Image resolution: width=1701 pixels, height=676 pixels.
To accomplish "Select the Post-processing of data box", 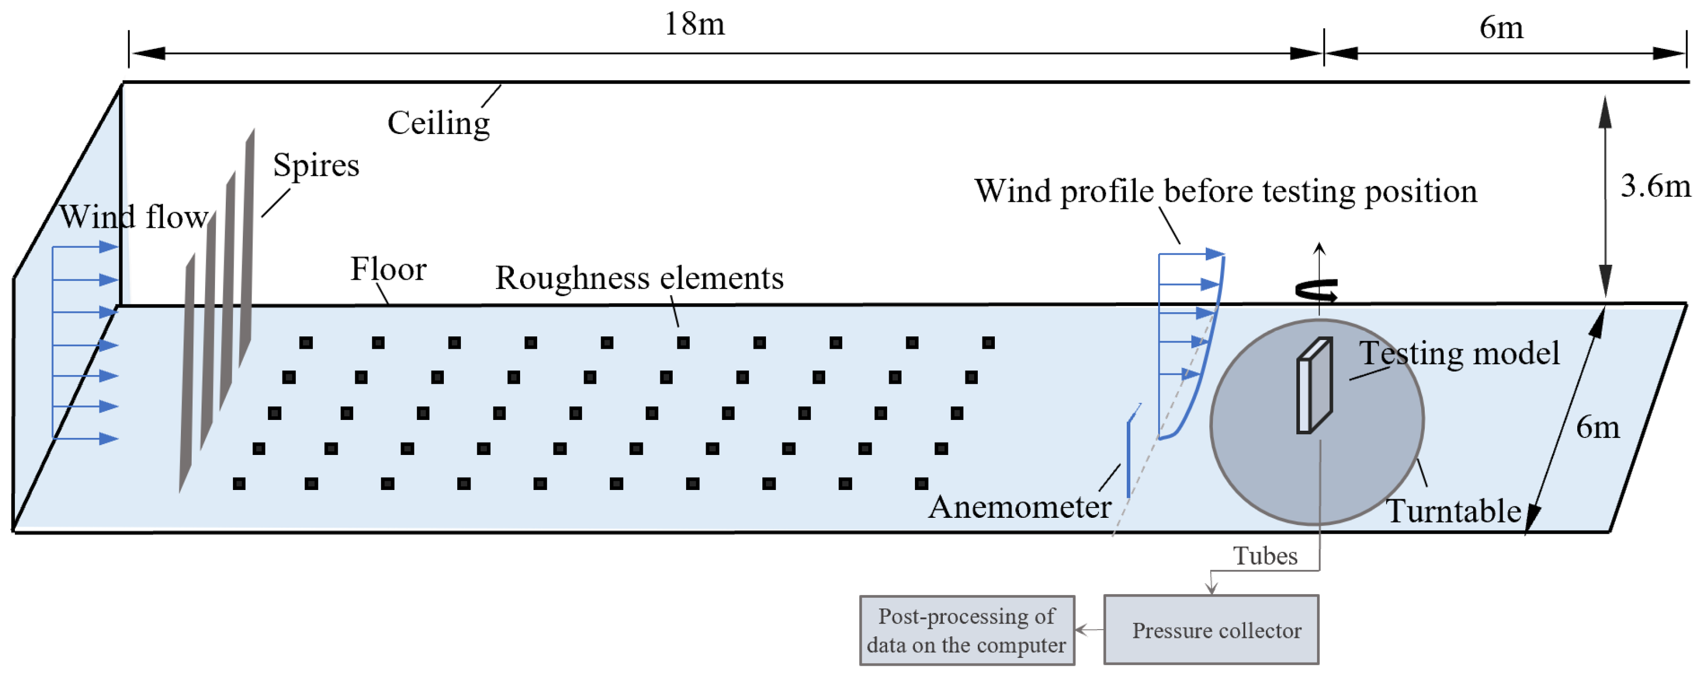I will [x=966, y=631].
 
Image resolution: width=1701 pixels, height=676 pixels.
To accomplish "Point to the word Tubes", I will [x=1264, y=556].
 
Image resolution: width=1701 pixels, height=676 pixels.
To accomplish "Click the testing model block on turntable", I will [x=1314, y=386].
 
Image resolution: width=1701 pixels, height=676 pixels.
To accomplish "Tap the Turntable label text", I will [x=1453, y=512].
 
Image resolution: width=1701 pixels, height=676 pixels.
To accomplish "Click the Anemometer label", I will [x=1020, y=507].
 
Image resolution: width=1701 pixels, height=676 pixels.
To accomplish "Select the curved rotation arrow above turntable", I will [x=1316, y=291].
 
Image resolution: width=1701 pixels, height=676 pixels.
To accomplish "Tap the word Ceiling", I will [x=439, y=124].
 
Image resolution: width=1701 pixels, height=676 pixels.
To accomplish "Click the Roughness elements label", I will [x=639, y=278].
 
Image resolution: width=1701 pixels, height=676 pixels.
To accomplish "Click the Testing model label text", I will [x=1459, y=353].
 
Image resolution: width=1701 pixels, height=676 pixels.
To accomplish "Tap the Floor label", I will [x=388, y=269].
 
